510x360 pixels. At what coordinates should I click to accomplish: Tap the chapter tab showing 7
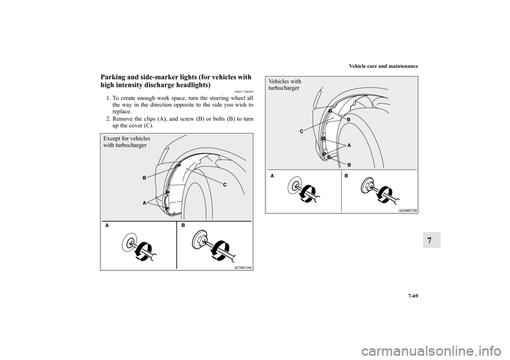431,240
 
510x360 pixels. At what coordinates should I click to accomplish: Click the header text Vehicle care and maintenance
384,66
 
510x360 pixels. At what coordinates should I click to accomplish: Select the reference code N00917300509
244,91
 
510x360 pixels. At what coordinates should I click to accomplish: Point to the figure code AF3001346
243,267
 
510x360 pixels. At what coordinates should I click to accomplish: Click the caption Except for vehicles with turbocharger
127,142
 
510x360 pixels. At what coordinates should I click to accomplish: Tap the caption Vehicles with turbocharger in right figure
285,84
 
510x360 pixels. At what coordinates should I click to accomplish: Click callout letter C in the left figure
224,185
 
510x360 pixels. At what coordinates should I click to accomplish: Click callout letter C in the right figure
301,131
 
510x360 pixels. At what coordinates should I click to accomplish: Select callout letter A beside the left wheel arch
144,203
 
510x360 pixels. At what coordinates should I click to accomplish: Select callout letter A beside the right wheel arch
348,145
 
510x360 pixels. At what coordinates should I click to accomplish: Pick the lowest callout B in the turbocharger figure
348,165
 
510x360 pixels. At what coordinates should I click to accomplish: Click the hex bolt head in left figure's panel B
201,240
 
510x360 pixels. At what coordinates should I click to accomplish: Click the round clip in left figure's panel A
130,242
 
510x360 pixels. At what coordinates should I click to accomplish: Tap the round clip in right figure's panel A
295,186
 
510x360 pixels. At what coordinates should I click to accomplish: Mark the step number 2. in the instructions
108,119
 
